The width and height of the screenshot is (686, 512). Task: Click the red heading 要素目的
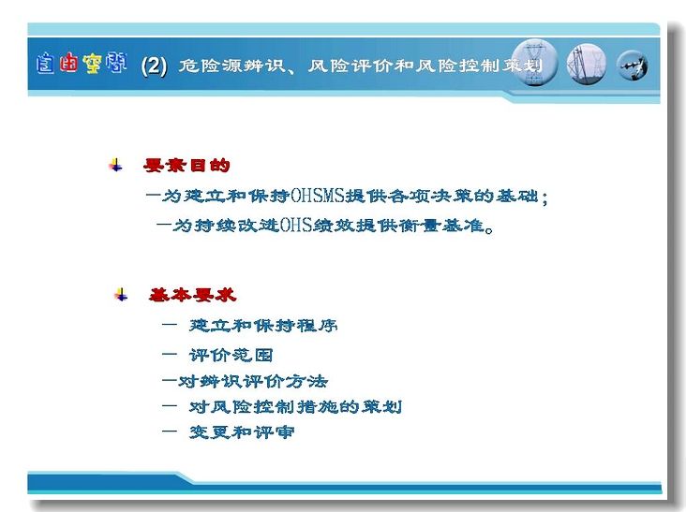tap(186, 165)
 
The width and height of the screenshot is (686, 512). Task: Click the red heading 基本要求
tap(192, 296)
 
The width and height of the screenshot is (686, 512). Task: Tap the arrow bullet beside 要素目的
tap(116, 165)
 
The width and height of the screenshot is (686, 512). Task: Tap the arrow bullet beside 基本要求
tap(121, 295)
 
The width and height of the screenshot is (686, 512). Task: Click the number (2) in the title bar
tap(154, 66)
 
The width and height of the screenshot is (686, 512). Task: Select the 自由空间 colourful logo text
tap(82, 64)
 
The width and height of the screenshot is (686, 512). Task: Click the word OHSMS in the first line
tap(318, 196)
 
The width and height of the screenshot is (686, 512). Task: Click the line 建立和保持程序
tap(263, 326)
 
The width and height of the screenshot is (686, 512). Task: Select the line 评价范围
tap(231, 355)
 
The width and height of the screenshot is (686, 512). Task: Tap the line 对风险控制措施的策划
tap(295, 407)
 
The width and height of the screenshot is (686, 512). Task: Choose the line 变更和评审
tap(242, 432)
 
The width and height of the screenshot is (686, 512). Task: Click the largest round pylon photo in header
tap(534, 63)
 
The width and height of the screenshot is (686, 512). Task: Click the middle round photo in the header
tap(587, 65)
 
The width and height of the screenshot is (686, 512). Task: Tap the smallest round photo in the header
tap(633, 66)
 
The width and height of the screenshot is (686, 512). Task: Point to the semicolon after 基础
tap(544, 198)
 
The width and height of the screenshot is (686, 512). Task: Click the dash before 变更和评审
tap(170, 432)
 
